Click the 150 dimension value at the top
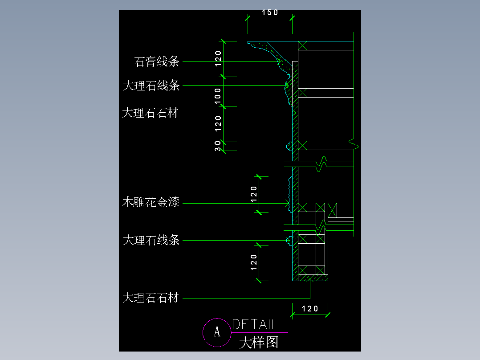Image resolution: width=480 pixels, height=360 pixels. coord(270,12)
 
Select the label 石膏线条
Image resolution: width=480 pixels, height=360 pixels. coord(157,61)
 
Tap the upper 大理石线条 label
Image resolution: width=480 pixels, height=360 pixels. coord(151,85)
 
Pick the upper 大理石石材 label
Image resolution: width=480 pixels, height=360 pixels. coord(151,113)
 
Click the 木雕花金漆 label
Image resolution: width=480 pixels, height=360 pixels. coord(151,203)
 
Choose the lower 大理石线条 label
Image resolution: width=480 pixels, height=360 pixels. coord(151,241)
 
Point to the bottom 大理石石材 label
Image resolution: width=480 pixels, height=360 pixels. coord(151,298)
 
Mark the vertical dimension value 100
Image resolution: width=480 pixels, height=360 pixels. coord(218,96)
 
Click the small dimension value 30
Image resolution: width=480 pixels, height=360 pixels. coord(218,146)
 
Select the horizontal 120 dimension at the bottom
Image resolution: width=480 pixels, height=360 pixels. coord(310,308)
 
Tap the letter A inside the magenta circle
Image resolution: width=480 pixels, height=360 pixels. coord(217,332)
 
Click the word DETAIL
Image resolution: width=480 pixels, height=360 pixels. coord(255,324)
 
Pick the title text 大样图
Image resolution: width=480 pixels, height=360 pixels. coord(259,343)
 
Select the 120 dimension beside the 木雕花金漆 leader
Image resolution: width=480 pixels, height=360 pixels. coord(254,194)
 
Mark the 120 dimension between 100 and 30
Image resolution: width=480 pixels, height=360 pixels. coord(218,124)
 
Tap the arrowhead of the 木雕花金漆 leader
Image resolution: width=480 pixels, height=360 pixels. coord(288,204)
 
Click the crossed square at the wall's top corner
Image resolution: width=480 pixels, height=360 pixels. coord(302,46)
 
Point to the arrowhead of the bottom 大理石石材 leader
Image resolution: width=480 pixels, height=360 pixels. coord(310,281)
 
